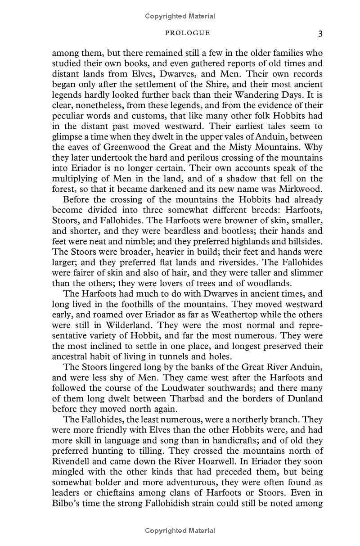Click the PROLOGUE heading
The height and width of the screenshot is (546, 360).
tap(188, 33)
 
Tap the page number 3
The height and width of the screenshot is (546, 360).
tap(319, 33)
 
